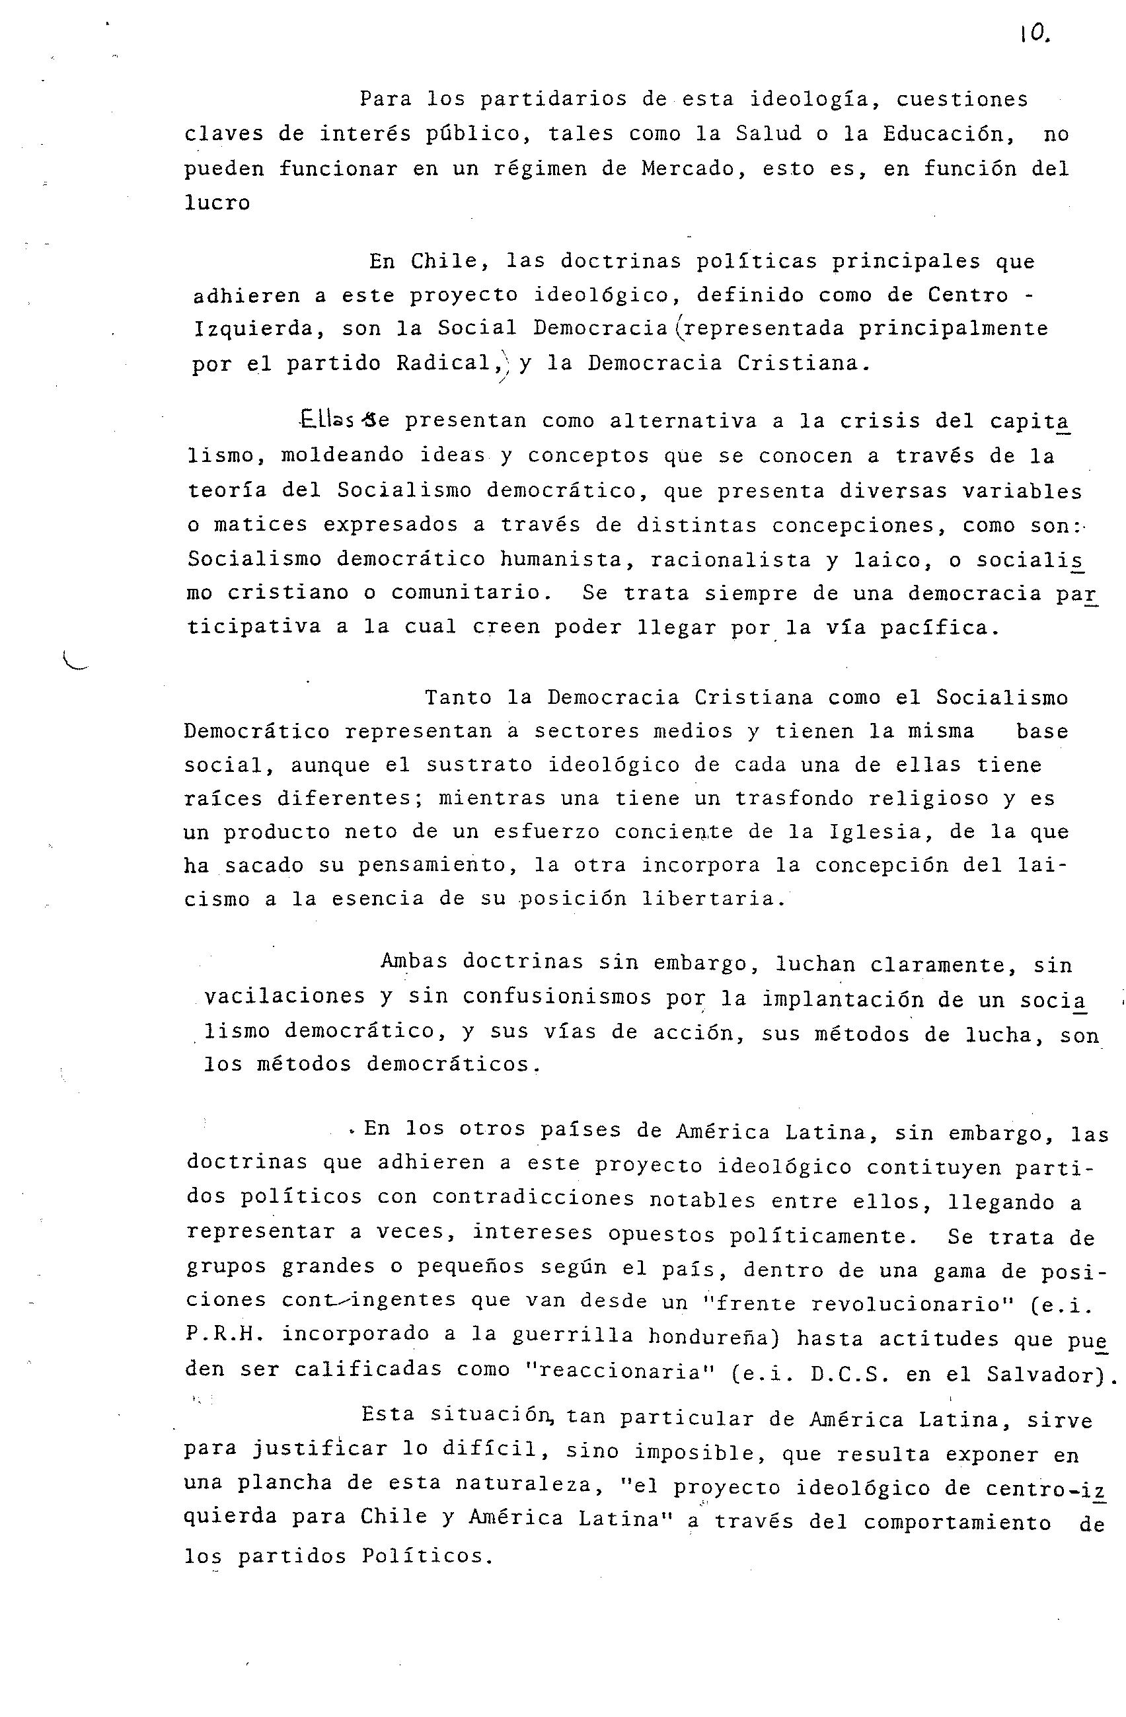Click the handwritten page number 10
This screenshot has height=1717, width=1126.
pyautogui.click(x=1034, y=34)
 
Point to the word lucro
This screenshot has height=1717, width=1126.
pyautogui.click(x=217, y=203)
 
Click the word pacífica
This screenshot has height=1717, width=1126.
pyautogui.click(x=940, y=628)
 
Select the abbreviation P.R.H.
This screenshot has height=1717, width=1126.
pyautogui.click(x=221, y=1336)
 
